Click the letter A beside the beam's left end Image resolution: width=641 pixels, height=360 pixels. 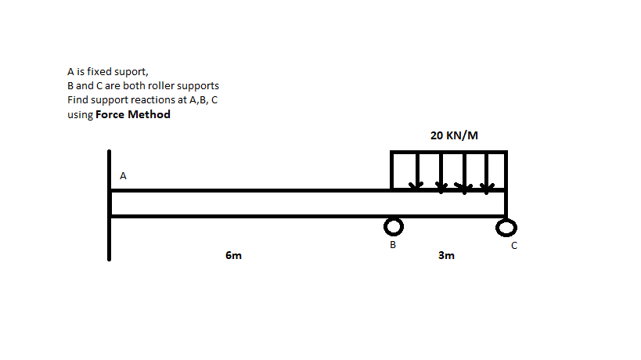click(123, 176)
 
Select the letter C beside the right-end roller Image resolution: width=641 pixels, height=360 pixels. click(514, 246)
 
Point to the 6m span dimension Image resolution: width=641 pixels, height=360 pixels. click(233, 255)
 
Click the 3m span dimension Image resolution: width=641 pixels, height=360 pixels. click(446, 255)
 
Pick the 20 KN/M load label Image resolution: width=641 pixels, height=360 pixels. click(454, 135)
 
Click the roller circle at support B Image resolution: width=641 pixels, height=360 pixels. click(394, 227)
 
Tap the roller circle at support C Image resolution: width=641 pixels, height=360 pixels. click(506, 228)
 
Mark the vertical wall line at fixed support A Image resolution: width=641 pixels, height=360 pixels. click(110, 203)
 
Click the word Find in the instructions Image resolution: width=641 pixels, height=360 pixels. click(77, 100)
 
